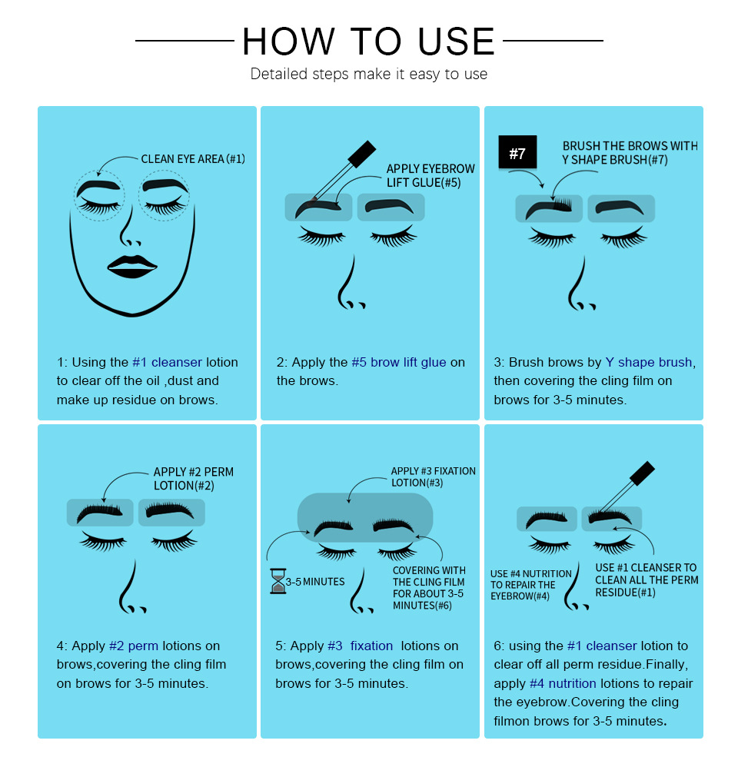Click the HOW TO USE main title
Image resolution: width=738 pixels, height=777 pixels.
click(x=369, y=42)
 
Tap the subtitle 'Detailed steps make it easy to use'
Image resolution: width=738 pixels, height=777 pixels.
click(x=369, y=74)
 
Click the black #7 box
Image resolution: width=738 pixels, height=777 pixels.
click(x=517, y=152)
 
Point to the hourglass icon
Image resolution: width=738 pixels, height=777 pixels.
click(x=278, y=581)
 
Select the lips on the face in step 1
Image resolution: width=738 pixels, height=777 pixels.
click(x=131, y=267)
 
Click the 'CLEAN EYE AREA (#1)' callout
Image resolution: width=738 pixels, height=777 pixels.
click(x=193, y=159)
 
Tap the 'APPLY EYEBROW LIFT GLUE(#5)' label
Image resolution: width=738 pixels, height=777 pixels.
click(x=430, y=176)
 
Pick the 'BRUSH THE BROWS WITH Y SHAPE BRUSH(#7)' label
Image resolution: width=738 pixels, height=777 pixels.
click(x=630, y=153)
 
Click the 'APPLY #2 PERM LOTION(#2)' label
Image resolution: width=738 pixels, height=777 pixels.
click(x=193, y=479)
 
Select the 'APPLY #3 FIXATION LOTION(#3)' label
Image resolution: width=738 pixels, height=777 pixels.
click(x=433, y=476)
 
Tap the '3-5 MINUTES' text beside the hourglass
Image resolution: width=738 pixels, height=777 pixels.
click(x=315, y=581)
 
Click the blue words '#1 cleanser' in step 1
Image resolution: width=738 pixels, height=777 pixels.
click(x=167, y=362)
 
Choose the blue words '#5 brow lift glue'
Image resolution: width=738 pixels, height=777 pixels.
click(x=399, y=362)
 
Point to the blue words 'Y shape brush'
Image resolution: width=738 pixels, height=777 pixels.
click(x=649, y=362)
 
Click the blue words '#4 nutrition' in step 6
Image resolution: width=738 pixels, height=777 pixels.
click(x=563, y=683)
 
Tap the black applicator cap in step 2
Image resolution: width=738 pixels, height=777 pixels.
click(x=362, y=153)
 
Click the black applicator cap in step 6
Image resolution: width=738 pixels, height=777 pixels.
click(x=643, y=473)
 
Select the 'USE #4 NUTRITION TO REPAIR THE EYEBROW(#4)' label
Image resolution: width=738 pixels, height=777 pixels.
click(x=531, y=585)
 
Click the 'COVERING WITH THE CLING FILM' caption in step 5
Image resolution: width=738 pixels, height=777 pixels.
click(x=429, y=576)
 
